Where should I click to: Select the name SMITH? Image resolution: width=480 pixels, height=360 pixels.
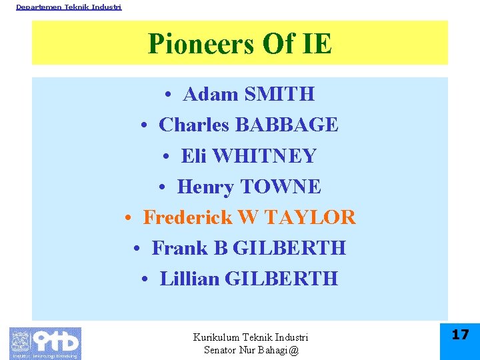(279, 95)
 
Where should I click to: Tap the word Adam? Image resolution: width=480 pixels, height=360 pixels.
(210, 95)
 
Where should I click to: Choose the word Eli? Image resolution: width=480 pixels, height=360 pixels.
(194, 156)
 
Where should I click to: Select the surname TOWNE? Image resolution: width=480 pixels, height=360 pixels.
(281, 187)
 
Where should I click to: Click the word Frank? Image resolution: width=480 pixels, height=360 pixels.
(180, 248)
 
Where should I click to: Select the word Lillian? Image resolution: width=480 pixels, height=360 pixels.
(190, 279)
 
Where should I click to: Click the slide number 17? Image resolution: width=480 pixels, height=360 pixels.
(461, 335)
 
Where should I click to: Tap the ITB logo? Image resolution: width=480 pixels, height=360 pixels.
(45, 343)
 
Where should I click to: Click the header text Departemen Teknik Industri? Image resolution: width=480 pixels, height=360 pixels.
(69, 7)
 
